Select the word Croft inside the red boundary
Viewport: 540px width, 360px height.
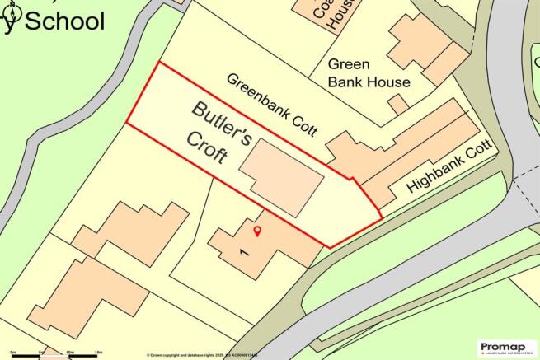207,149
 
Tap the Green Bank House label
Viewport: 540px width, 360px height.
369,73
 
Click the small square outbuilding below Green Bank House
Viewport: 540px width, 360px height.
398,105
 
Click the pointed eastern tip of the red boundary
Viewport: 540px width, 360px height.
382,216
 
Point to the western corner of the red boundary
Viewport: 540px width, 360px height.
126,124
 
